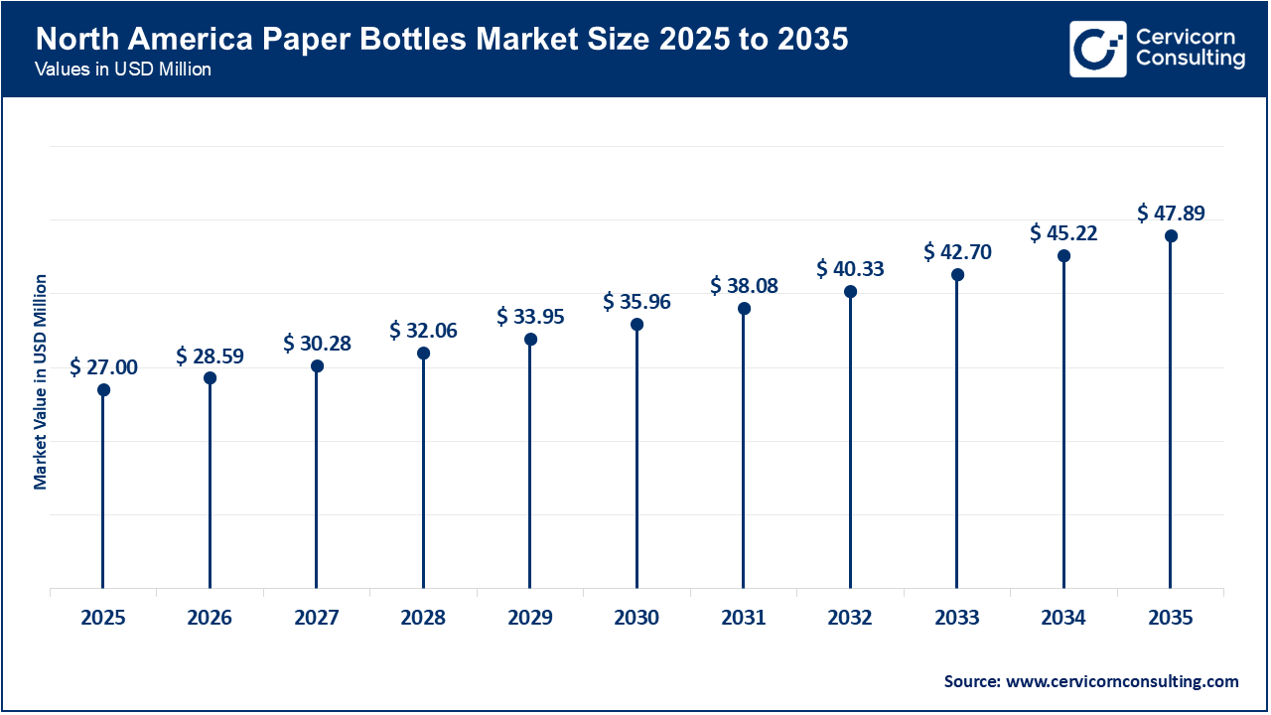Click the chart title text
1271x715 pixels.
tap(442, 41)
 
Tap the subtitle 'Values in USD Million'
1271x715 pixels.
tap(122, 71)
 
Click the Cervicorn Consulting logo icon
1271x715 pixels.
tap(1097, 49)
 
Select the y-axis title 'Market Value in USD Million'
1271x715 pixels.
tap(41, 381)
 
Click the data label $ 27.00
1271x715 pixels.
tap(104, 367)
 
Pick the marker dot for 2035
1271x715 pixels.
tap(1171, 236)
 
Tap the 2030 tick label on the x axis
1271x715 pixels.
tap(636, 618)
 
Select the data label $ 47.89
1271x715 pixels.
tap(1171, 213)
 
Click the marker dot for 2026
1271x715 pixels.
tap(211, 378)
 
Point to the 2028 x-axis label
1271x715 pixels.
tap(423, 618)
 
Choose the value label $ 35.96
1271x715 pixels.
tap(636, 302)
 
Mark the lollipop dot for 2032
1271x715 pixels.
tap(850, 292)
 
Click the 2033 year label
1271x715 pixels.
tap(957, 618)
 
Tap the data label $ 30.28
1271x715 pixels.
tap(317, 344)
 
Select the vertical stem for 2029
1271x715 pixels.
tap(530, 467)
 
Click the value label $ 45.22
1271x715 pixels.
tap(1063, 233)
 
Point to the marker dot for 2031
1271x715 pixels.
tap(744, 309)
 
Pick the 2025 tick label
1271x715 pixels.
tap(103, 618)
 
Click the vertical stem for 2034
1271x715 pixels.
tap(1063, 427)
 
